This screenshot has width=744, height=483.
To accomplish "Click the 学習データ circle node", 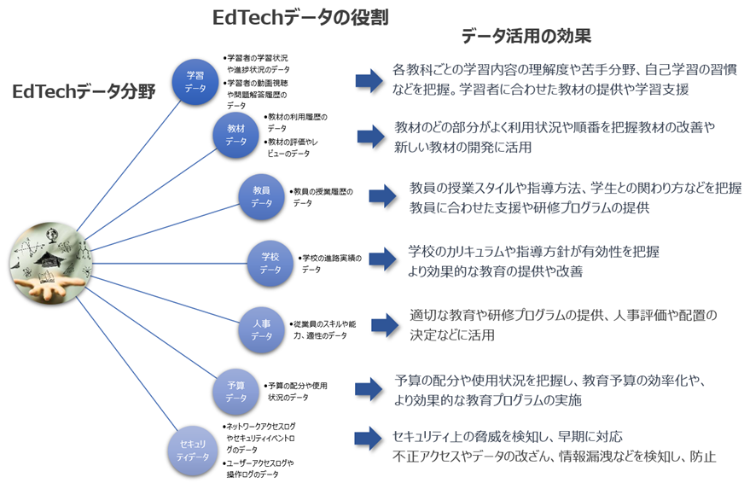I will [195, 82].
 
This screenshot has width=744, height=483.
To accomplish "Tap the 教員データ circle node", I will [262, 197].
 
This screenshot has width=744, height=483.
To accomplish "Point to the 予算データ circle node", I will [236, 391].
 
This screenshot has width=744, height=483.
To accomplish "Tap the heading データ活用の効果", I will [526, 37].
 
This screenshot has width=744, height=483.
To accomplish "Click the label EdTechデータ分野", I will [84, 91].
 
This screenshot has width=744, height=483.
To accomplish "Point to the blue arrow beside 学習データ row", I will [369, 80].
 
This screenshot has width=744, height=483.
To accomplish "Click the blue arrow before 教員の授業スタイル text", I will [383, 195].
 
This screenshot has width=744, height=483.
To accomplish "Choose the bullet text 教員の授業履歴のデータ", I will [323, 197].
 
